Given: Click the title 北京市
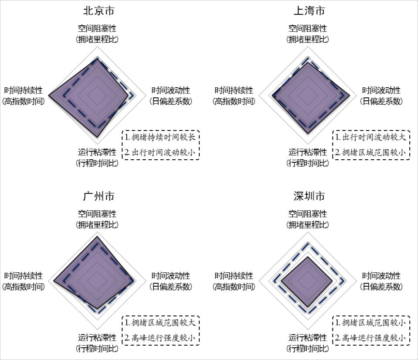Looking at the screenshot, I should point(97,10).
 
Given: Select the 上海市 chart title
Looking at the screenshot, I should point(308,10).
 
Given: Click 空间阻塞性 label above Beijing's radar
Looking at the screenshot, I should point(97,29).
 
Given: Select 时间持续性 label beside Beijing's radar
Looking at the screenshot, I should point(24,91).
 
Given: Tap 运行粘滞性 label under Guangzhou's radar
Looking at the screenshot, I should point(97,338).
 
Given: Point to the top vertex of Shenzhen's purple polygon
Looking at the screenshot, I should point(308,257).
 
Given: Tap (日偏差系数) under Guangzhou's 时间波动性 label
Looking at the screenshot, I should point(171,287).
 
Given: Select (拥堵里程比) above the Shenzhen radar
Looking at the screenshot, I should point(308,225).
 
